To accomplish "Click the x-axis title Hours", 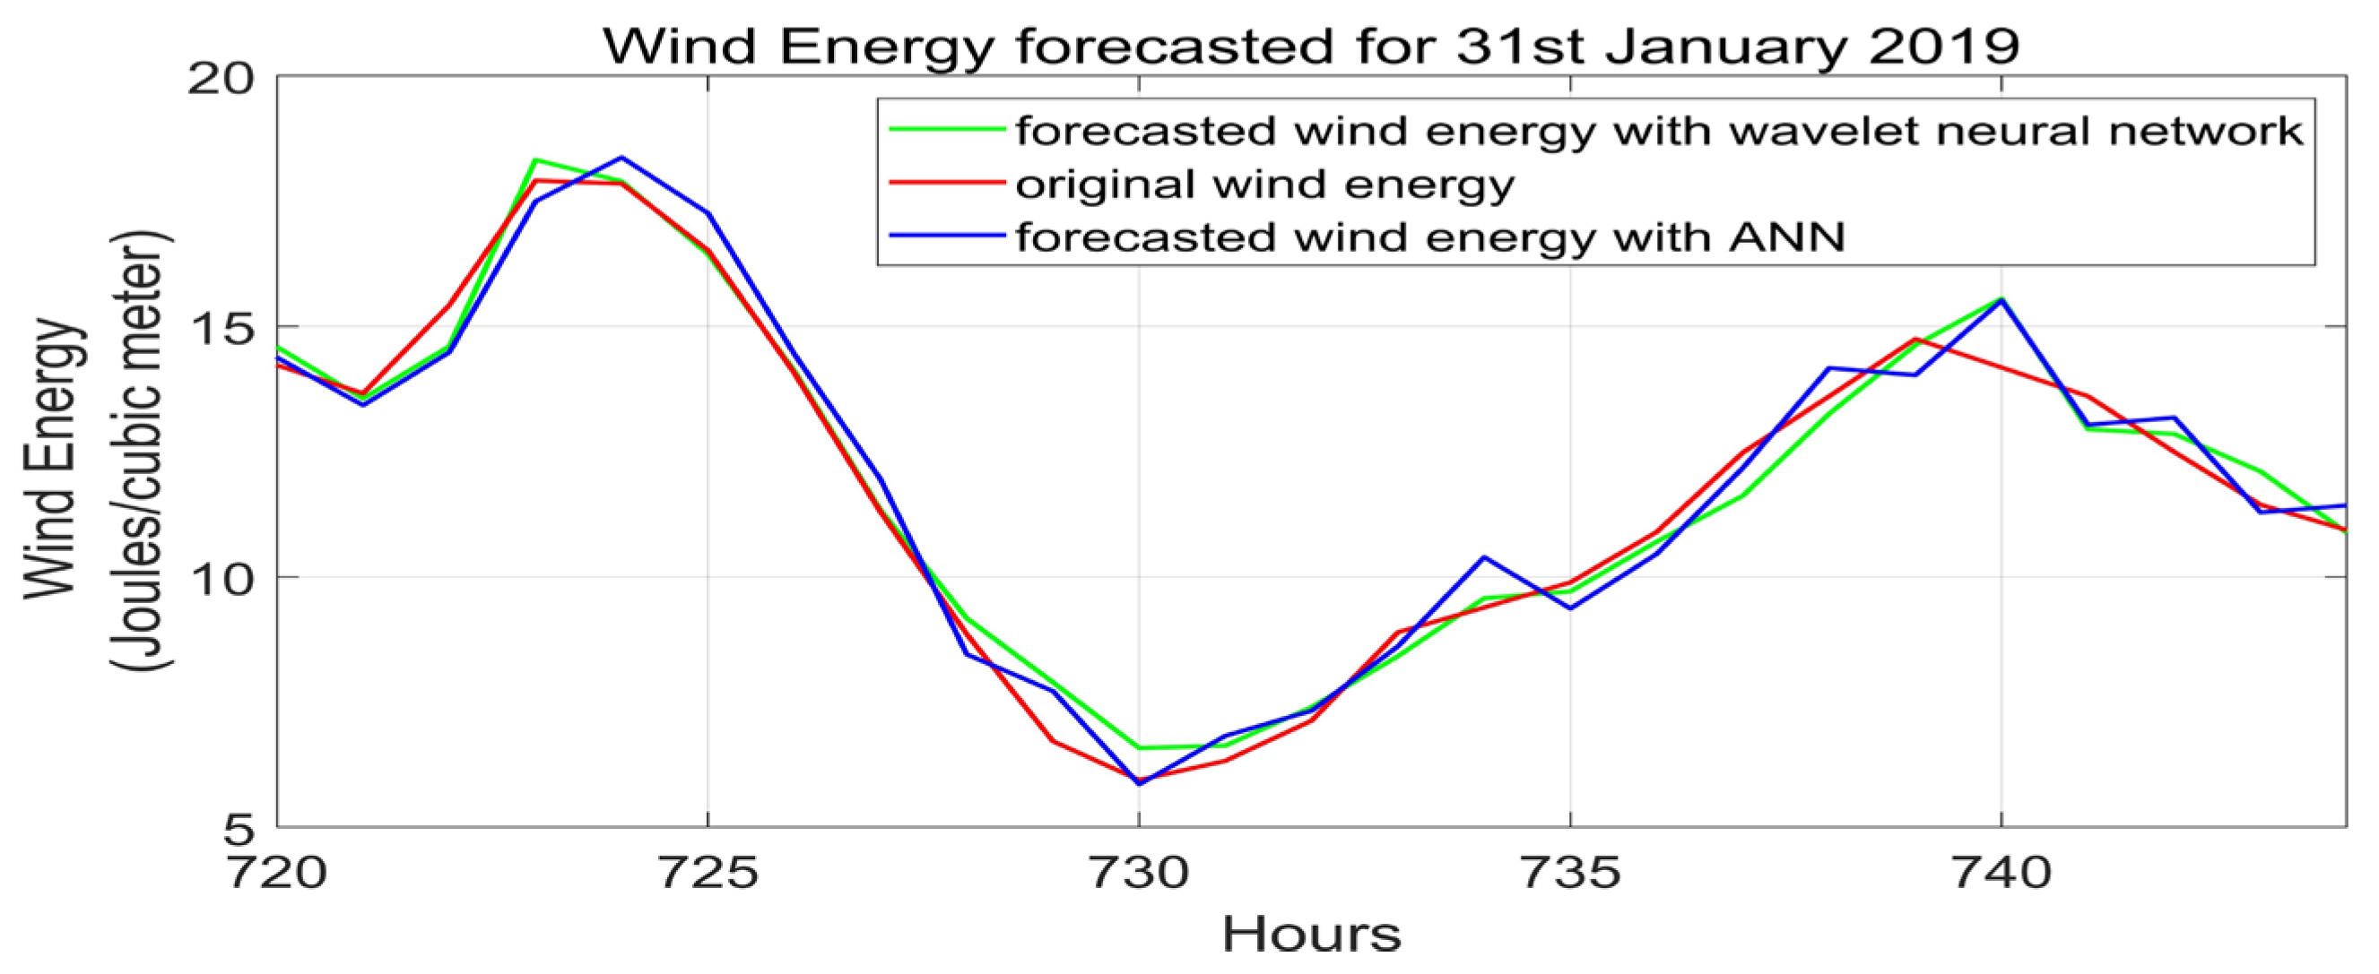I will coord(1311,935).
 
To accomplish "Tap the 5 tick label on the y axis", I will coord(238,829).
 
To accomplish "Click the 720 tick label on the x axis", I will coord(277,874).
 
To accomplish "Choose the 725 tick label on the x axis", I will coord(708,874).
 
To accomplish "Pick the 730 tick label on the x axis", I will coord(1139,874).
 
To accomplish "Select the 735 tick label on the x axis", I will coord(1570,874).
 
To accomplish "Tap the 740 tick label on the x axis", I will coord(2001,874).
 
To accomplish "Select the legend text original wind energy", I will coord(1265,185).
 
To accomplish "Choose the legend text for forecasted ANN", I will coord(1430,237).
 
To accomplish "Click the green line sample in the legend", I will coord(947,130).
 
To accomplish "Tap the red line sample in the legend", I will coord(947,183).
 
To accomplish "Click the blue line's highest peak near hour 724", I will coord(621,158).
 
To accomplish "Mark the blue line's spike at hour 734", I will coord(1484,556).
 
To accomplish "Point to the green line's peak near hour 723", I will coord(535,159).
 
